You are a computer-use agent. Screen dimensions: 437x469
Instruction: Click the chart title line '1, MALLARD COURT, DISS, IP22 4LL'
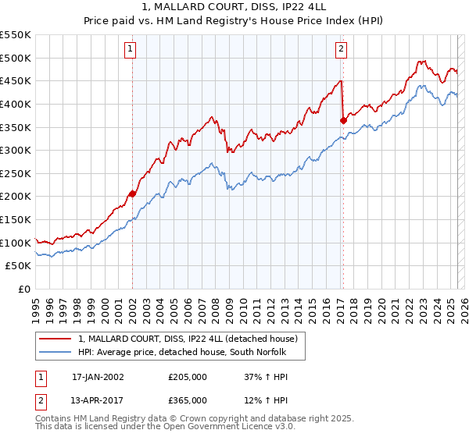pos(234,9)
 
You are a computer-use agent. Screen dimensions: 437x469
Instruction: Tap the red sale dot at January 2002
pos(133,194)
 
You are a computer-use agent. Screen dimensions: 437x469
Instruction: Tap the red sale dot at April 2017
pos(343,120)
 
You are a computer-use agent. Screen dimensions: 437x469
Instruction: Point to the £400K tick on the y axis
pos(16,104)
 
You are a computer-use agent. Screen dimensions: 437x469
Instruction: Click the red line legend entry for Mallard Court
pos(188,339)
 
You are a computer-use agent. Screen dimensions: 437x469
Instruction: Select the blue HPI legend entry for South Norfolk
pos(184,352)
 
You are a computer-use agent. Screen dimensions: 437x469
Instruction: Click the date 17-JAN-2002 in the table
pos(98,377)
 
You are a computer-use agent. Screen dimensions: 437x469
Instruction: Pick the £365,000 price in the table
pos(188,400)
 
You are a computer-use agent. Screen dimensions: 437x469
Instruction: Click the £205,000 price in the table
pos(188,377)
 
